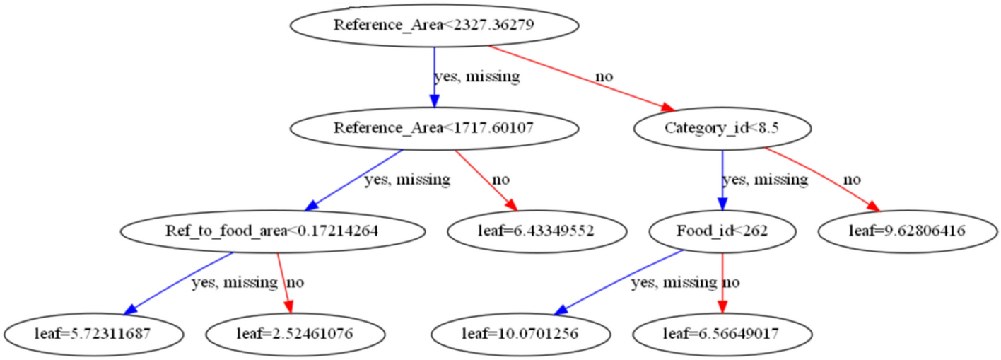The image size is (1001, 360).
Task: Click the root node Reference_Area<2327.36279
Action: pos(434,25)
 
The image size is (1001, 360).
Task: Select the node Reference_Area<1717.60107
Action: pos(434,128)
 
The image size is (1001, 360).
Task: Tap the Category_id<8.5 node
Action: pos(722,128)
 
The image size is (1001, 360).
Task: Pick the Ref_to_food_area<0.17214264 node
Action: pos(273,231)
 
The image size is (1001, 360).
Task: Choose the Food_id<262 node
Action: pos(722,231)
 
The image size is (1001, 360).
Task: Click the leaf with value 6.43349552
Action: pos(538,231)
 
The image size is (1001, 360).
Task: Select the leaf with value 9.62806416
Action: pos(908,231)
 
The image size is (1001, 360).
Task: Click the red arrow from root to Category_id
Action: pos(580,77)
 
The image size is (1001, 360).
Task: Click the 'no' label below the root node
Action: pos(604,76)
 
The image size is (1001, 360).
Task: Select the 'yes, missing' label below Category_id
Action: pos(765,180)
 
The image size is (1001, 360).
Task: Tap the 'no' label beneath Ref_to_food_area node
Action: pos(295,283)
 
